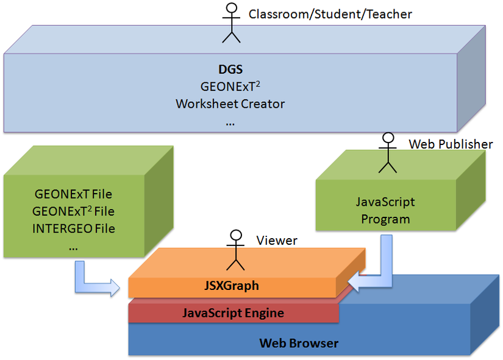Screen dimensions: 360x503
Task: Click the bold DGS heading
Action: click(x=230, y=69)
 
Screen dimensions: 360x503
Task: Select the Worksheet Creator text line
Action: click(x=230, y=104)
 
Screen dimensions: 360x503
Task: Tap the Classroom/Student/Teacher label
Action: click(x=330, y=13)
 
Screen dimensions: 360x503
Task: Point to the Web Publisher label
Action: click(x=451, y=144)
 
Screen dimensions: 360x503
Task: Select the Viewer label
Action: click(x=276, y=241)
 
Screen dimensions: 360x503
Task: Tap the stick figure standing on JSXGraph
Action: click(x=235, y=250)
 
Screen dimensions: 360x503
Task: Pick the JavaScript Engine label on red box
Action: click(x=233, y=313)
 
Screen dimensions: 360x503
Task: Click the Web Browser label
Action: click(x=299, y=343)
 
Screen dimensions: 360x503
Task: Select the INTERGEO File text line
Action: click(x=74, y=229)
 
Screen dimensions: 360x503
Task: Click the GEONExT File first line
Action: click(x=74, y=195)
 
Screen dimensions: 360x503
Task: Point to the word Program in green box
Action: click(x=385, y=219)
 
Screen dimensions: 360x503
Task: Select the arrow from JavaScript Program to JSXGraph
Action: click(x=375, y=268)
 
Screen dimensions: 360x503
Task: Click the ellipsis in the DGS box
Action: click(x=230, y=122)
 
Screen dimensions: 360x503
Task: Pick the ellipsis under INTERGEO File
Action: click(x=73, y=247)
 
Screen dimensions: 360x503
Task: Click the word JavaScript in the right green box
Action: click(x=385, y=202)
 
